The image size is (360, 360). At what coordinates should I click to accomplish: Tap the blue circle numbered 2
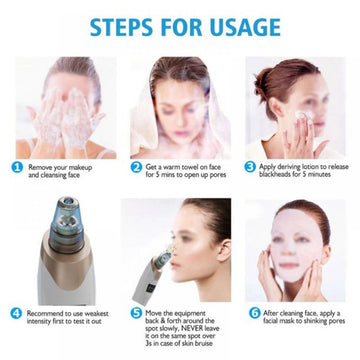click(x=136, y=167)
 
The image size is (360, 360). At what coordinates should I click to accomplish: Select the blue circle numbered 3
click(x=251, y=167)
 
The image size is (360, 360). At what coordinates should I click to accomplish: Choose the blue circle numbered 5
click(x=136, y=312)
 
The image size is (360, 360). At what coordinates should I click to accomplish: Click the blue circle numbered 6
click(x=251, y=312)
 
